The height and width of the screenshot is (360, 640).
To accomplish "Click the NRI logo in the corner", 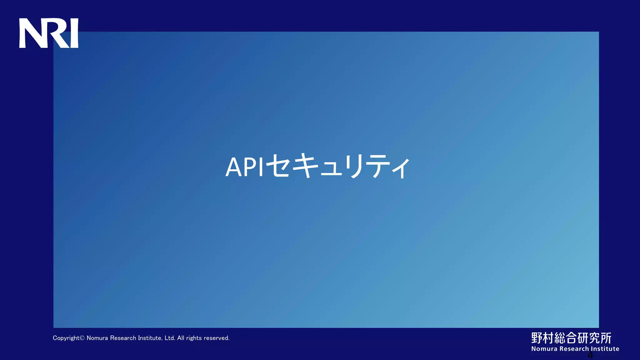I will tap(49, 33).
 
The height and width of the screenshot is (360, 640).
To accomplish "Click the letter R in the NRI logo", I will tap(58, 33).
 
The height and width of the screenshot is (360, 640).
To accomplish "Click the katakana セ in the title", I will tap(279, 166).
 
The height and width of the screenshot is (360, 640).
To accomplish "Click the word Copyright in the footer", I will tap(66, 338).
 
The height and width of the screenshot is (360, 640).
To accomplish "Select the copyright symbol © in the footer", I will tap(82, 338).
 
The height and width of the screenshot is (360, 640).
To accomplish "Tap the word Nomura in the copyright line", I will tap(97, 338).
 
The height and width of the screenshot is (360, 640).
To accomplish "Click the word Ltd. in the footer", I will tap(170, 338).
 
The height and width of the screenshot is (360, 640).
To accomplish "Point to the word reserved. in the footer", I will tap(217, 338).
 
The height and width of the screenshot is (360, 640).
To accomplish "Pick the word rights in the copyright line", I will tap(194, 338).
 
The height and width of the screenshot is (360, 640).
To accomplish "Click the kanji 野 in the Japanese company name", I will tap(537, 338).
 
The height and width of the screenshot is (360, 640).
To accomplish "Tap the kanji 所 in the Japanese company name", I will tap(606, 338).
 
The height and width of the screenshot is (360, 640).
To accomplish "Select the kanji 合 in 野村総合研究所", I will tap(571, 338).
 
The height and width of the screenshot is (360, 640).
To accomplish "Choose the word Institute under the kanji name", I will tap(605, 349).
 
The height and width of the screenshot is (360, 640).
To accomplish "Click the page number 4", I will tap(590, 355).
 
